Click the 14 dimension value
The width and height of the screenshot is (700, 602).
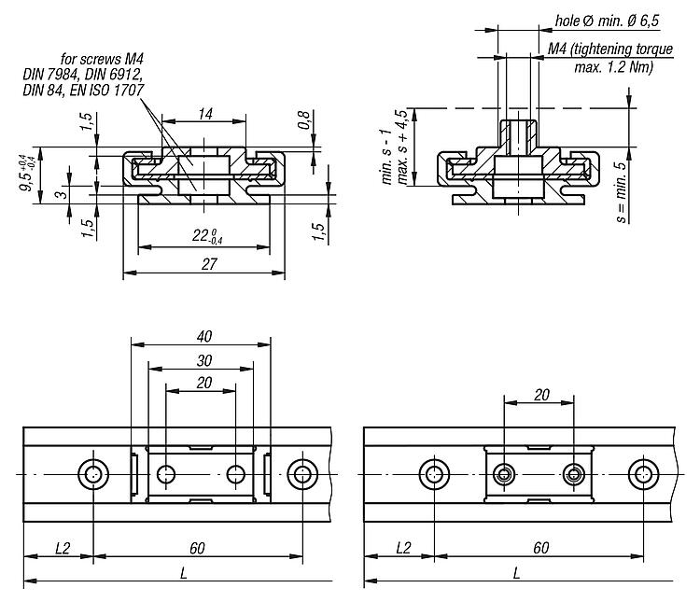(203, 113)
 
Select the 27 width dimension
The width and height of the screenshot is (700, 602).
(209, 265)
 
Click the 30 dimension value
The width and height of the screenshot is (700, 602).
(204, 359)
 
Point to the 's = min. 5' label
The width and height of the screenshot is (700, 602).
(621, 192)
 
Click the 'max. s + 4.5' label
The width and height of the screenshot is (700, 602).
(402, 147)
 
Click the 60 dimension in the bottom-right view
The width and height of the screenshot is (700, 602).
(540, 548)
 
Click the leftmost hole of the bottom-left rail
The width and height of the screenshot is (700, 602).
(93, 474)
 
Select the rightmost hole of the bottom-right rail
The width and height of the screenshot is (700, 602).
(643, 474)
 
